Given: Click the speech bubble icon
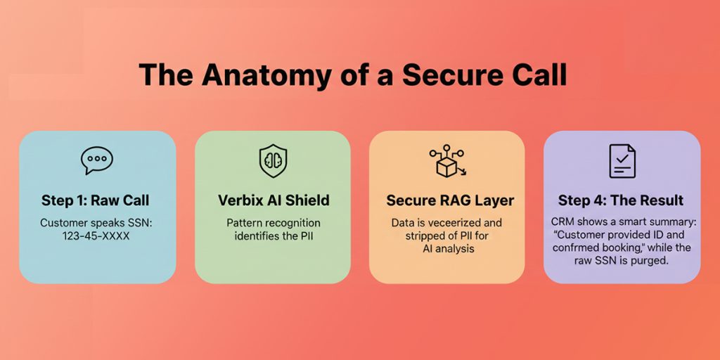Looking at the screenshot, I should tap(97, 161).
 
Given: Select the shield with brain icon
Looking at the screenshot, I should tap(273, 161).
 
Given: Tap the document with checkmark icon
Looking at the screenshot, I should tap(622, 161).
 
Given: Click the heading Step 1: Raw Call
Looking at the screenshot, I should tap(96, 200).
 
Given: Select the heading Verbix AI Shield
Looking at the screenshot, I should tap(273, 200).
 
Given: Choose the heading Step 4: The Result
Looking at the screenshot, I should tap(621, 200).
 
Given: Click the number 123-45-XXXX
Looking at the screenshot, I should tap(96, 236).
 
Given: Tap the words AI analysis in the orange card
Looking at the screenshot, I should tap(446, 249).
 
